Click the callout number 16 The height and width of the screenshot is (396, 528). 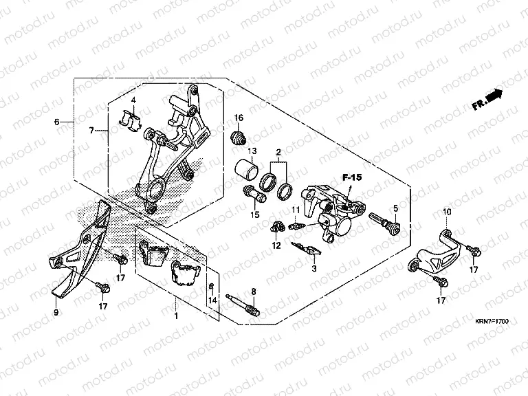tap(240, 118)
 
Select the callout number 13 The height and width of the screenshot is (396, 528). tap(253, 151)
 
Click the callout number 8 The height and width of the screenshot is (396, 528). tap(253, 291)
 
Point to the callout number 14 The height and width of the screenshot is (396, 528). tap(212, 300)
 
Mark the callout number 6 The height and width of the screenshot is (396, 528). tap(57, 122)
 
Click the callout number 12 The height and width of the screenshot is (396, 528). tap(276, 245)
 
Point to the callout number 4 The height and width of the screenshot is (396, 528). tap(135, 100)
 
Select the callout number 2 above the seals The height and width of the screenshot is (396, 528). tap(278, 151)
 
